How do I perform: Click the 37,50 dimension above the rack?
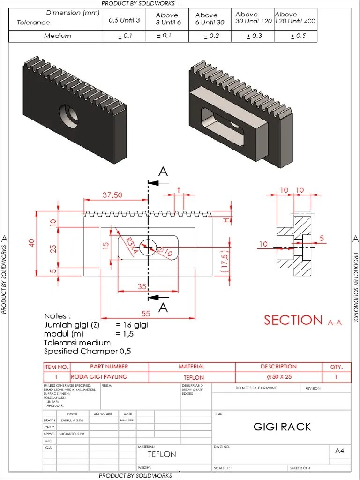point(112,195)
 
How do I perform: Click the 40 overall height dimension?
point(31,242)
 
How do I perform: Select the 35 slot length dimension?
point(142,286)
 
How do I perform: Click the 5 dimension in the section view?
point(322,238)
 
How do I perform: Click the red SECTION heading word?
point(293,320)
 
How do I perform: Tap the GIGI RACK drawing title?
point(282,427)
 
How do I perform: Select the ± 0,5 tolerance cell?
point(298,36)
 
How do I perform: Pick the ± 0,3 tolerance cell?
point(255,36)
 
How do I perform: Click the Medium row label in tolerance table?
point(58,36)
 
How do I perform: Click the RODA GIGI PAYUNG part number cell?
point(99,377)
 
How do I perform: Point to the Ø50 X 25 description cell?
point(279,377)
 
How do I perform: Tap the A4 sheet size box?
point(340,450)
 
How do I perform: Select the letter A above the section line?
point(163,172)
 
